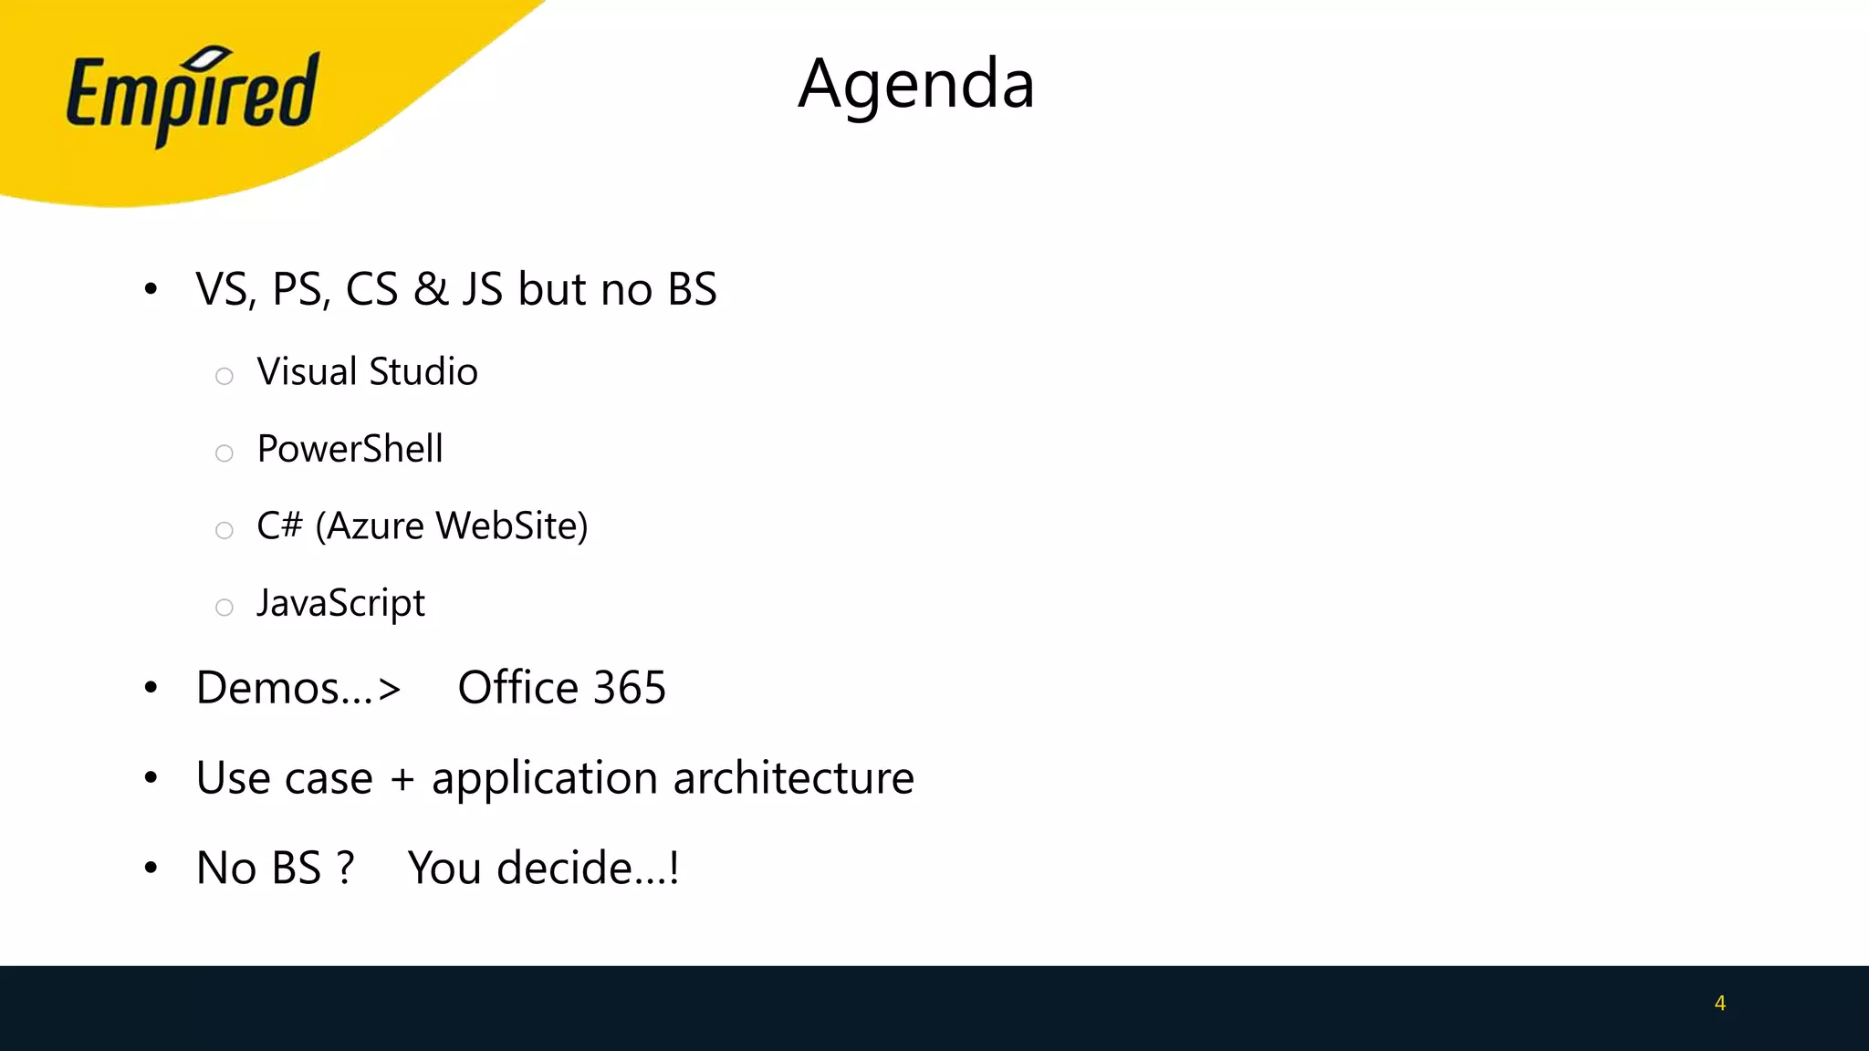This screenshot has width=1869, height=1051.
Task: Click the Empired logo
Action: coord(193,96)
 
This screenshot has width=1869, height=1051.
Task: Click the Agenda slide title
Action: coord(916,84)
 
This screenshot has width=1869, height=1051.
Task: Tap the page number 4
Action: coord(1719,1003)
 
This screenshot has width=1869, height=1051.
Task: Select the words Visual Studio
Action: coord(367,372)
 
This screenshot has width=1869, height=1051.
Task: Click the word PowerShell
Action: coord(350,449)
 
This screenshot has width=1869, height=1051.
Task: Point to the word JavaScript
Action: coord(340,603)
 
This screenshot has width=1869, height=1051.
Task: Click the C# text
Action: coord(279,525)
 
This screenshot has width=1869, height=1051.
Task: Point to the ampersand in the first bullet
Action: coord(430,290)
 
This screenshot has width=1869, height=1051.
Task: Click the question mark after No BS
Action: coord(344,868)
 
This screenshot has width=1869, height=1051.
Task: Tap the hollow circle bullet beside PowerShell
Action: coord(224,453)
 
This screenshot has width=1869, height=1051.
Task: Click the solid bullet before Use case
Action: coord(151,777)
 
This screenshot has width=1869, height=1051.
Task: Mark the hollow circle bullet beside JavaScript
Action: coord(224,608)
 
